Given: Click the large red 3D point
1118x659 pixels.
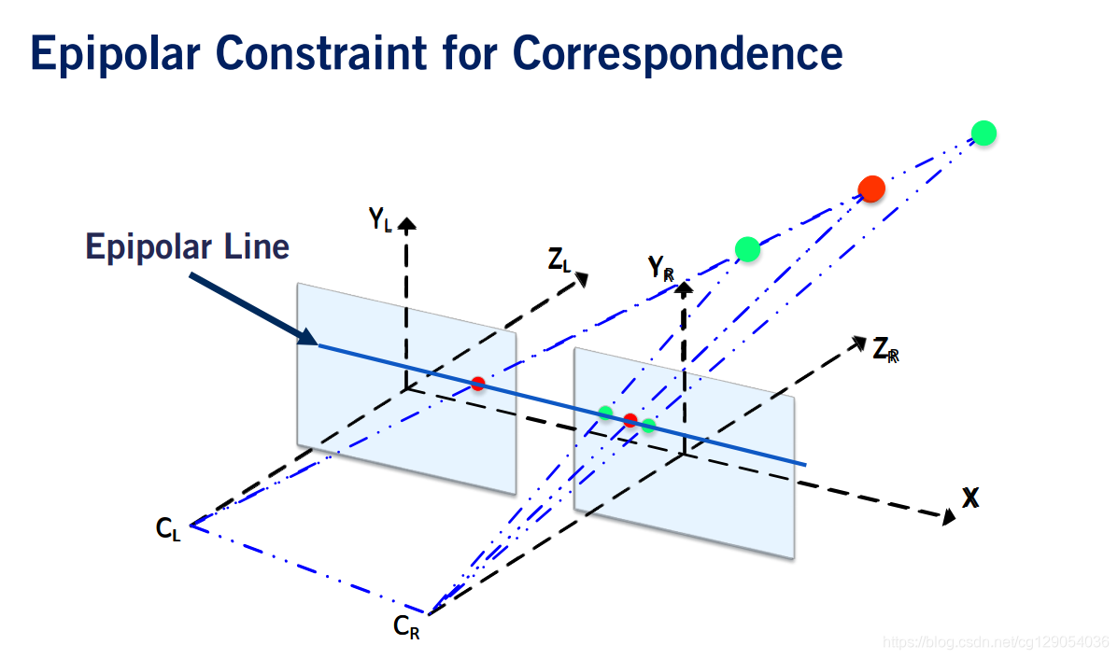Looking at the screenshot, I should point(871,189).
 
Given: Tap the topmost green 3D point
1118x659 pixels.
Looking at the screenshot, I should point(983,133).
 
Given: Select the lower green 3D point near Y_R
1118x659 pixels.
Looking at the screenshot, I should point(747,248).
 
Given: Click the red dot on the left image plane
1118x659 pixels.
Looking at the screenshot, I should point(478,383).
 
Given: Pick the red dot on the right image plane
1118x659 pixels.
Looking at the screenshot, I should point(630,420).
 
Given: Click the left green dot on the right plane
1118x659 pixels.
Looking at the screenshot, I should point(606,413).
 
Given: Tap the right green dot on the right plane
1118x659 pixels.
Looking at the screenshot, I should point(649,426).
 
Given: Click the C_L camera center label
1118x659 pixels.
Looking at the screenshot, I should point(168,529).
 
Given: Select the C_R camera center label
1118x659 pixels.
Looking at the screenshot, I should point(405,627).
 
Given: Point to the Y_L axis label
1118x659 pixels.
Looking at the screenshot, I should point(380,220).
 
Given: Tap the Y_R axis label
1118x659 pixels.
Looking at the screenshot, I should point(661,269).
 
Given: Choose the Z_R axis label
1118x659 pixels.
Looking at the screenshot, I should point(884,350).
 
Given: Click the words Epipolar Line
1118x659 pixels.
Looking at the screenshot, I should point(187,247).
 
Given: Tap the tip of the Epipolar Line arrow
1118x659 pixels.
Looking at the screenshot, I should point(316,344).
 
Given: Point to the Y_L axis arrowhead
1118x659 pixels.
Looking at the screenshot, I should point(407,223).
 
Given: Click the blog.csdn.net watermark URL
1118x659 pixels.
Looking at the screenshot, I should point(995,641).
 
